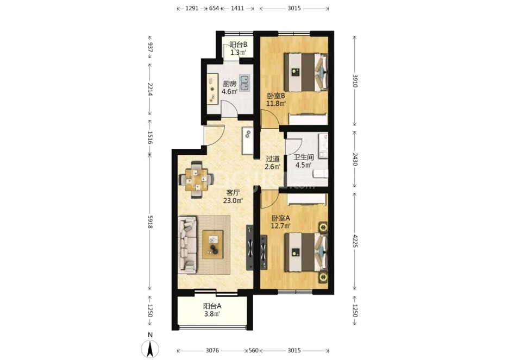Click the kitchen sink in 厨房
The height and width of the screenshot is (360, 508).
point(245,83)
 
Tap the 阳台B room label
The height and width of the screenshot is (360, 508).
point(238,45)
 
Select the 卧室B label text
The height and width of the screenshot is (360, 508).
point(275,96)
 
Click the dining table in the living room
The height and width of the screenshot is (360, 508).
point(196,179)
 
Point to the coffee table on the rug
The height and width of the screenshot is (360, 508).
point(213,244)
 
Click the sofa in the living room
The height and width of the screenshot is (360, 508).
point(187,245)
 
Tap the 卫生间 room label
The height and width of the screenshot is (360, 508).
point(304,157)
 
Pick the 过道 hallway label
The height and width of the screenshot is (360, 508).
point(272,159)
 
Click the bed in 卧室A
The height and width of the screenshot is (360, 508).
point(306,252)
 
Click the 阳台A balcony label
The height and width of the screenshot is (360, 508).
point(212,306)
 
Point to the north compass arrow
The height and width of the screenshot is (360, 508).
point(150,350)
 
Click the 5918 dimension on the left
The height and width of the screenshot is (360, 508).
point(150,222)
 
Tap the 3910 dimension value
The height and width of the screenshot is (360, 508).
point(355,81)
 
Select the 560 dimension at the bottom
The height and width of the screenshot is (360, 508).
point(254,350)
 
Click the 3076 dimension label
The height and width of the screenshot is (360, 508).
point(212,350)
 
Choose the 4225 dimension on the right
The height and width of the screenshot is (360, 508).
point(355,241)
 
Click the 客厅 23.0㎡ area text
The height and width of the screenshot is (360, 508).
point(233,197)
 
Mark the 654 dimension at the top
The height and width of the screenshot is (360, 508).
point(214,9)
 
